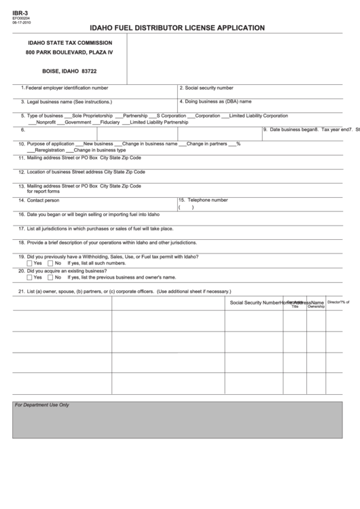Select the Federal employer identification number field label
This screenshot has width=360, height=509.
[67, 88]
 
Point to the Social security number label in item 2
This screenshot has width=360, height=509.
[209, 88]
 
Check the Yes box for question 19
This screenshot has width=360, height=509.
[29, 263]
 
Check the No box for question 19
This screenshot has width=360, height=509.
[50, 263]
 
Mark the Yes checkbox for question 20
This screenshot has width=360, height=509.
[29, 277]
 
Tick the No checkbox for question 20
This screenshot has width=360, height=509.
[50, 277]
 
